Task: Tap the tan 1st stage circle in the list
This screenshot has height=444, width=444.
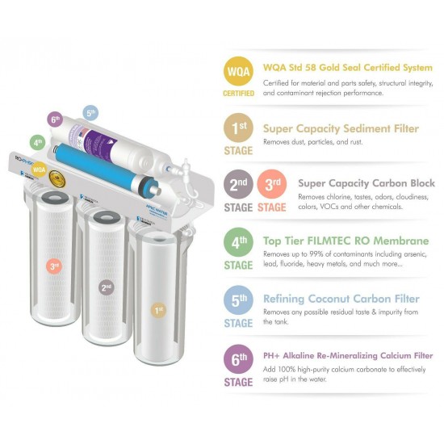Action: [x=238, y=128]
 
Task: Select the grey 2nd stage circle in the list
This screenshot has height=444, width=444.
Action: [x=238, y=183]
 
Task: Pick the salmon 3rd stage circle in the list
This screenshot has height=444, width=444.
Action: [x=271, y=183]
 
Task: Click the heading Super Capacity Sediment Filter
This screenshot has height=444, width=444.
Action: [x=341, y=128]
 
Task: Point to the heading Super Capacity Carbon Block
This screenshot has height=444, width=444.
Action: [x=367, y=183]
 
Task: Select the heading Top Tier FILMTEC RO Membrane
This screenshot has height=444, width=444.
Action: [x=348, y=241]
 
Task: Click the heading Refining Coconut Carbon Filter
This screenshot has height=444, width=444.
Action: [x=340, y=299]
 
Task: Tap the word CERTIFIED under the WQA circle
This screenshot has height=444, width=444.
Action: [x=238, y=94]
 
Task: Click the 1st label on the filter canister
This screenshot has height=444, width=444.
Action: [x=158, y=310]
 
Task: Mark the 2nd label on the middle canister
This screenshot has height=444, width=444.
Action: [x=104, y=286]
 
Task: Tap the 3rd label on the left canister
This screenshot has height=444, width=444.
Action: [x=53, y=266]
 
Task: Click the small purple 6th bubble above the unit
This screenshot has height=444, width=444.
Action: [x=55, y=119]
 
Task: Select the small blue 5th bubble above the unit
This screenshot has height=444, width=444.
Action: [x=90, y=113]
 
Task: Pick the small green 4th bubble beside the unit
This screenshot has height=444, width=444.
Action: [x=38, y=142]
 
